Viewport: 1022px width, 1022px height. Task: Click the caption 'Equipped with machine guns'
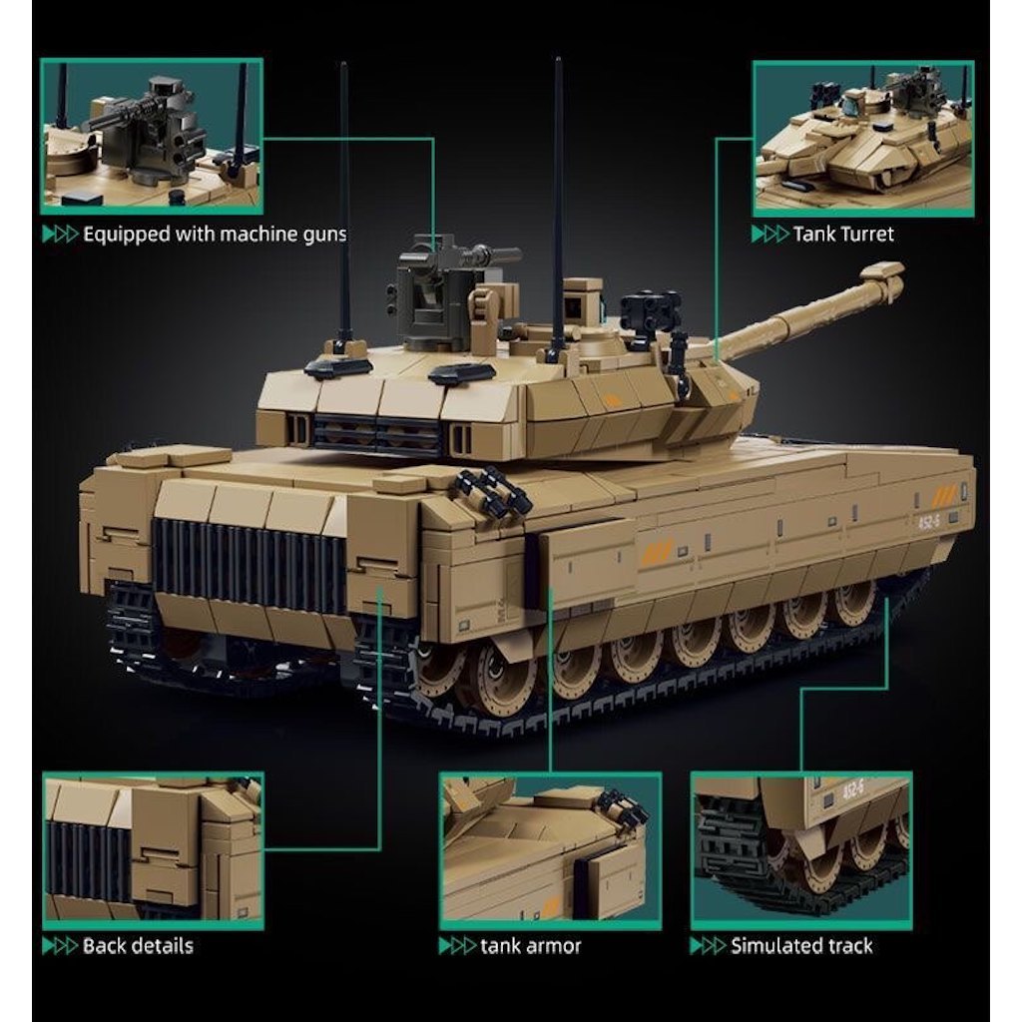pos(215,235)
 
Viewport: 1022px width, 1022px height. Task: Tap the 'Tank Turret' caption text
pos(842,234)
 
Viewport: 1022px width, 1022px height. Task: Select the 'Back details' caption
pos(138,946)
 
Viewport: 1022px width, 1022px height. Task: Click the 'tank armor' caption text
pos(530,946)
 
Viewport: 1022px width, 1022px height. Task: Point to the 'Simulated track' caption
pos(801,946)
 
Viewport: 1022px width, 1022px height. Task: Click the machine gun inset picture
pos(152,136)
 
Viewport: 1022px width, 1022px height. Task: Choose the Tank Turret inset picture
pos(863,139)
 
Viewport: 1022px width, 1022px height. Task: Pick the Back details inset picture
pos(153,850)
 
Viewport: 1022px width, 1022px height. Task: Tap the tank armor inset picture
pos(550,850)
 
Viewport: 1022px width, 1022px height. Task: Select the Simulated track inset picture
pos(801,850)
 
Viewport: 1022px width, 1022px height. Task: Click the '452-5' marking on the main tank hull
pos(928,521)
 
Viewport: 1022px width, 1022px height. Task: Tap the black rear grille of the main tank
pos(249,565)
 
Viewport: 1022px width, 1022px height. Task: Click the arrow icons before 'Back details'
pos(60,946)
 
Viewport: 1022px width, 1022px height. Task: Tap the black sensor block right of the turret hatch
pos(650,310)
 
